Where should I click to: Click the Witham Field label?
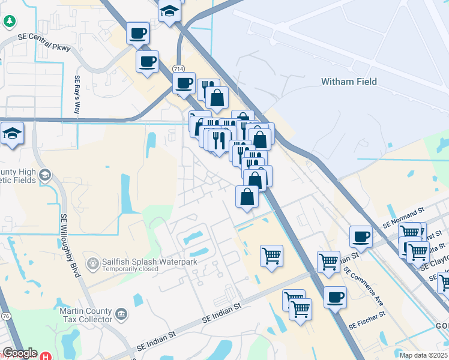pyautogui.click(x=348, y=82)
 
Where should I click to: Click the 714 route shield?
pyautogui.click(x=178, y=69)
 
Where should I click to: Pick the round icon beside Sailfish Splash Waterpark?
pyautogui.click(x=93, y=263)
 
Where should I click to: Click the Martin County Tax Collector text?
pyautogui.click(x=86, y=315)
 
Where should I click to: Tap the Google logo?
pyautogui.click(x=20, y=353)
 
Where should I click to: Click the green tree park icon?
pyautogui.click(x=10, y=22)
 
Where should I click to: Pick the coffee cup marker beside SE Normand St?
pyautogui.click(x=361, y=236)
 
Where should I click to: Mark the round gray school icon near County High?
pyautogui.click(x=45, y=176)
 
